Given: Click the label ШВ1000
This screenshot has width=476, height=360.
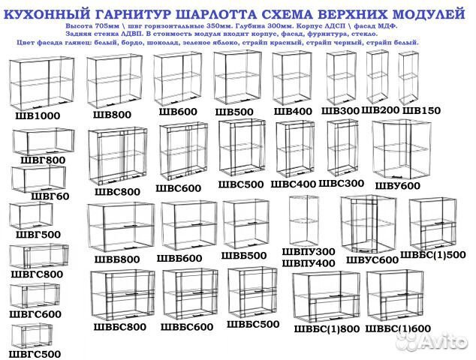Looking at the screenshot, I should [38, 115].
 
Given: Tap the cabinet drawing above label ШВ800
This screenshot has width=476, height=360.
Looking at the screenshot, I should [114, 79].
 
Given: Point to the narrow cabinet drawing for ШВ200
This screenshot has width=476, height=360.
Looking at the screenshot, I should [377, 76].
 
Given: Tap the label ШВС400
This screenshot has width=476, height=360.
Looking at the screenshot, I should [293, 184].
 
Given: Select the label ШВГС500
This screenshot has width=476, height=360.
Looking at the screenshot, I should [35, 353].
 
